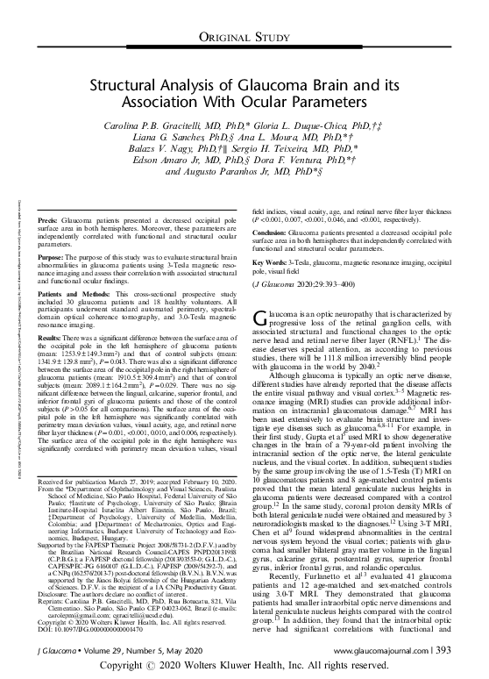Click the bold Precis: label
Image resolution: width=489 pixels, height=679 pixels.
(x=50, y=216)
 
